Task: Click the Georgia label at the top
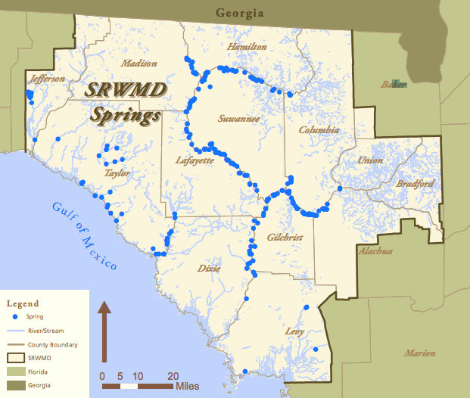239,12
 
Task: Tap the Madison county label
139,64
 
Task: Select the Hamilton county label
247,47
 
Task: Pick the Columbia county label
319,130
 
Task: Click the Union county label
370,160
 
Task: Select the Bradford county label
415,184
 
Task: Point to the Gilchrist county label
285,238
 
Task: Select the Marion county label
419,353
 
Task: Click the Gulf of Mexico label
85,236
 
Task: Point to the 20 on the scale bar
173,376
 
